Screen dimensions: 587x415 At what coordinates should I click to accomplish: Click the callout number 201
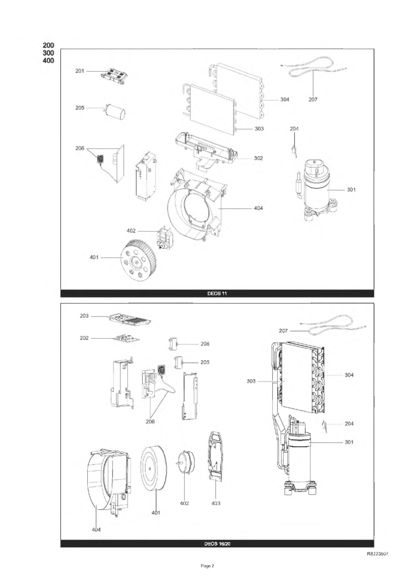click(x=79, y=71)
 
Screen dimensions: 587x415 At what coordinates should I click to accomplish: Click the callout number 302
click(x=258, y=158)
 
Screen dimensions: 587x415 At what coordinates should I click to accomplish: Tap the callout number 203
click(x=84, y=316)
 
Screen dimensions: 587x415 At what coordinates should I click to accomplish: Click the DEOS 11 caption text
click(x=217, y=293)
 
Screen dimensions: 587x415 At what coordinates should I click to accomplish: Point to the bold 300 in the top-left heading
click(x=49, y=53)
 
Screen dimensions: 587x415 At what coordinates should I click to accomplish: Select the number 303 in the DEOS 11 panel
click(x=259, y=129)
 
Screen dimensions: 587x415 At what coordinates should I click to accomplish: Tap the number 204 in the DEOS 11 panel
click(x=294, y=129)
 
